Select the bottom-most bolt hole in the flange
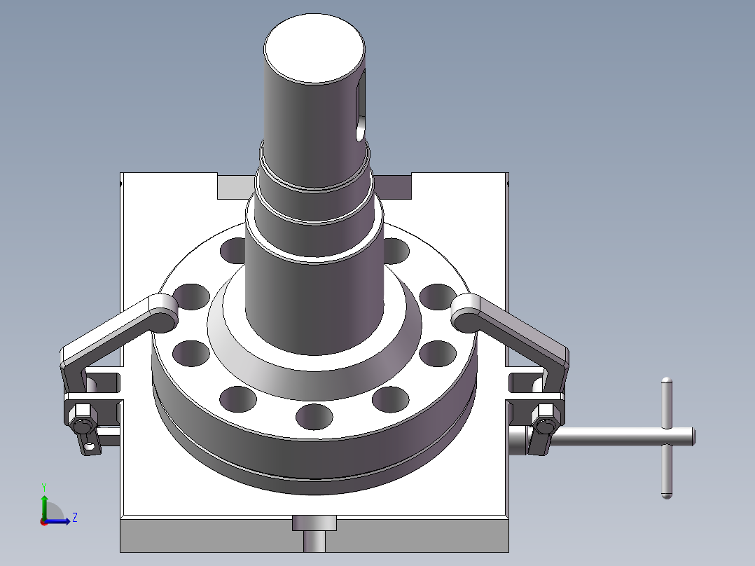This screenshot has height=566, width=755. pyautogui.click(x=314, y=417)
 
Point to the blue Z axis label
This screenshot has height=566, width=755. pyautogui.click(x=74, y=518)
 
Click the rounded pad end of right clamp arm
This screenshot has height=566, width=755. pyautogui.click(x=466, y=312)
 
